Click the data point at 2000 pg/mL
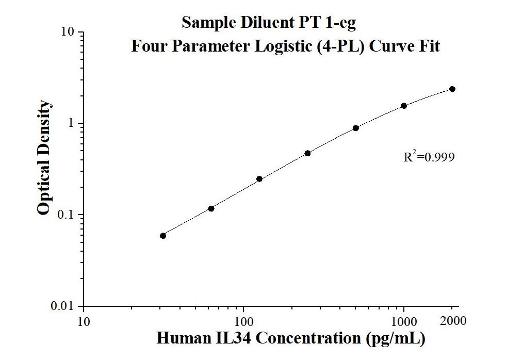click(x=452, y=89)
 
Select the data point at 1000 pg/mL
click(x=404, y=106)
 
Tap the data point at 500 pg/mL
click(x=356, y=128)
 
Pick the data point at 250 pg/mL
click(x=307, y=153)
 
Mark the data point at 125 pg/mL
click(x=259, y=179)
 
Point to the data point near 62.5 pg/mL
click(x=211, y=208)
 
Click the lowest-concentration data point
click(x=163, y=236)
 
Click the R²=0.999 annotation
click(x=429, y=157)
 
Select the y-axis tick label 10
click(x=69, y=32)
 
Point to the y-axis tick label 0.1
click(x=68, y=215)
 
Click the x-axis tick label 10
click(x=83, y=322)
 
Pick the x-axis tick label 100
click(x=243, y=322)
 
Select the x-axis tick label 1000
click(x=404, y=322)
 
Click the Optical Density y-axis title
click(x=44, y=157)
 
